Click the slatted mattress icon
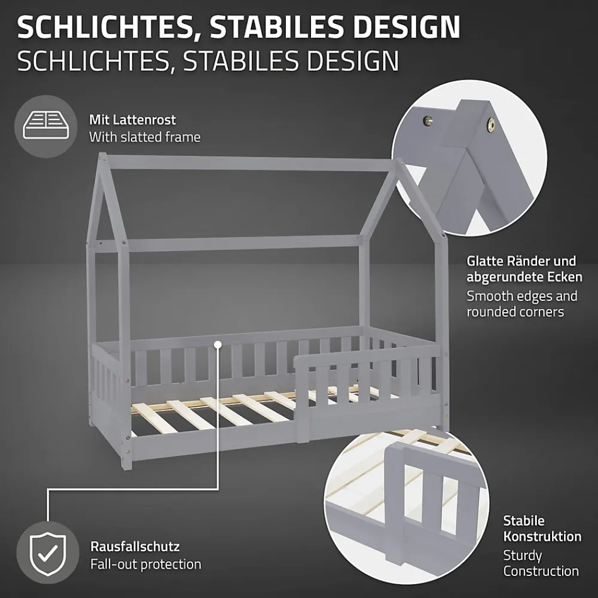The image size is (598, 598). pyautogui.click(x=46, y=125)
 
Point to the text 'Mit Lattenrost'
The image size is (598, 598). pyautogui.click(x=132, y=120)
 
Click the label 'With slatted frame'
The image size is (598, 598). pyautogui.click(x=145, y=137)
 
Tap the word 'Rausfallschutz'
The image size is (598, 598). pyautogui.click(x=135, y=547)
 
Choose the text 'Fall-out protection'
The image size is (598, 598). pyautogui.click(x=146, y=564)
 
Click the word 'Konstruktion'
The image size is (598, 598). pyautogui.click(x=542, y=536)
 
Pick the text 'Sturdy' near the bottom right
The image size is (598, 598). pyautogui.click(x=523, y=556)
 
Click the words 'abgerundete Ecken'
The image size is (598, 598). pyautogui.click(x=524, y=277)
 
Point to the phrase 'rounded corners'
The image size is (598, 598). pyautogui.click(x=515, y=312)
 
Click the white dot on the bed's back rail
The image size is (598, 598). pyautogui.click(x=218, y=344)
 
